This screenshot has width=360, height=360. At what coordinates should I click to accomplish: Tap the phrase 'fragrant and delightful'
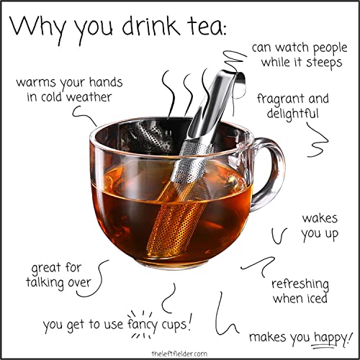[x=294, y=107]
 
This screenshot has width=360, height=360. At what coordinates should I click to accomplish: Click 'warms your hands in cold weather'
[x=65, y=89]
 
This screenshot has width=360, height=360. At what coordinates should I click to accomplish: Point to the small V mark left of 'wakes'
[x=280, y=234]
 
